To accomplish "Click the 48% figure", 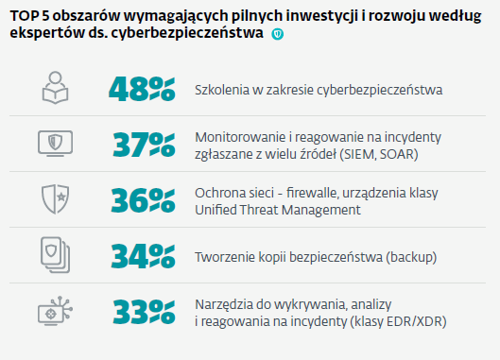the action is (142, 89).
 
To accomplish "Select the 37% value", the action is (144, 146).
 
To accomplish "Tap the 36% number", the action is (143, 200).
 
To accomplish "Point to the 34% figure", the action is (143, 256).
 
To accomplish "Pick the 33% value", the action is (144, 312).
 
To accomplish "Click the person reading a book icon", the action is (55, 88).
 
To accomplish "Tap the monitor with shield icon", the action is (55, 144).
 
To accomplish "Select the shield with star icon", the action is (55, 199).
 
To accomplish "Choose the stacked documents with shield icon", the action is (55, 255).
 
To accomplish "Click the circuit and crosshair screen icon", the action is (55, 311).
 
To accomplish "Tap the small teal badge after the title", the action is (278, 34).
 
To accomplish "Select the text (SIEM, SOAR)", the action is (379, 155).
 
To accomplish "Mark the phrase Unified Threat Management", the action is (278, 210).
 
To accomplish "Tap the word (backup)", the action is (411, 257).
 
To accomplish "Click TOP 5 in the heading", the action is (29, 16).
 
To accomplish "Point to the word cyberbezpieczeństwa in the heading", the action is (187, 33).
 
